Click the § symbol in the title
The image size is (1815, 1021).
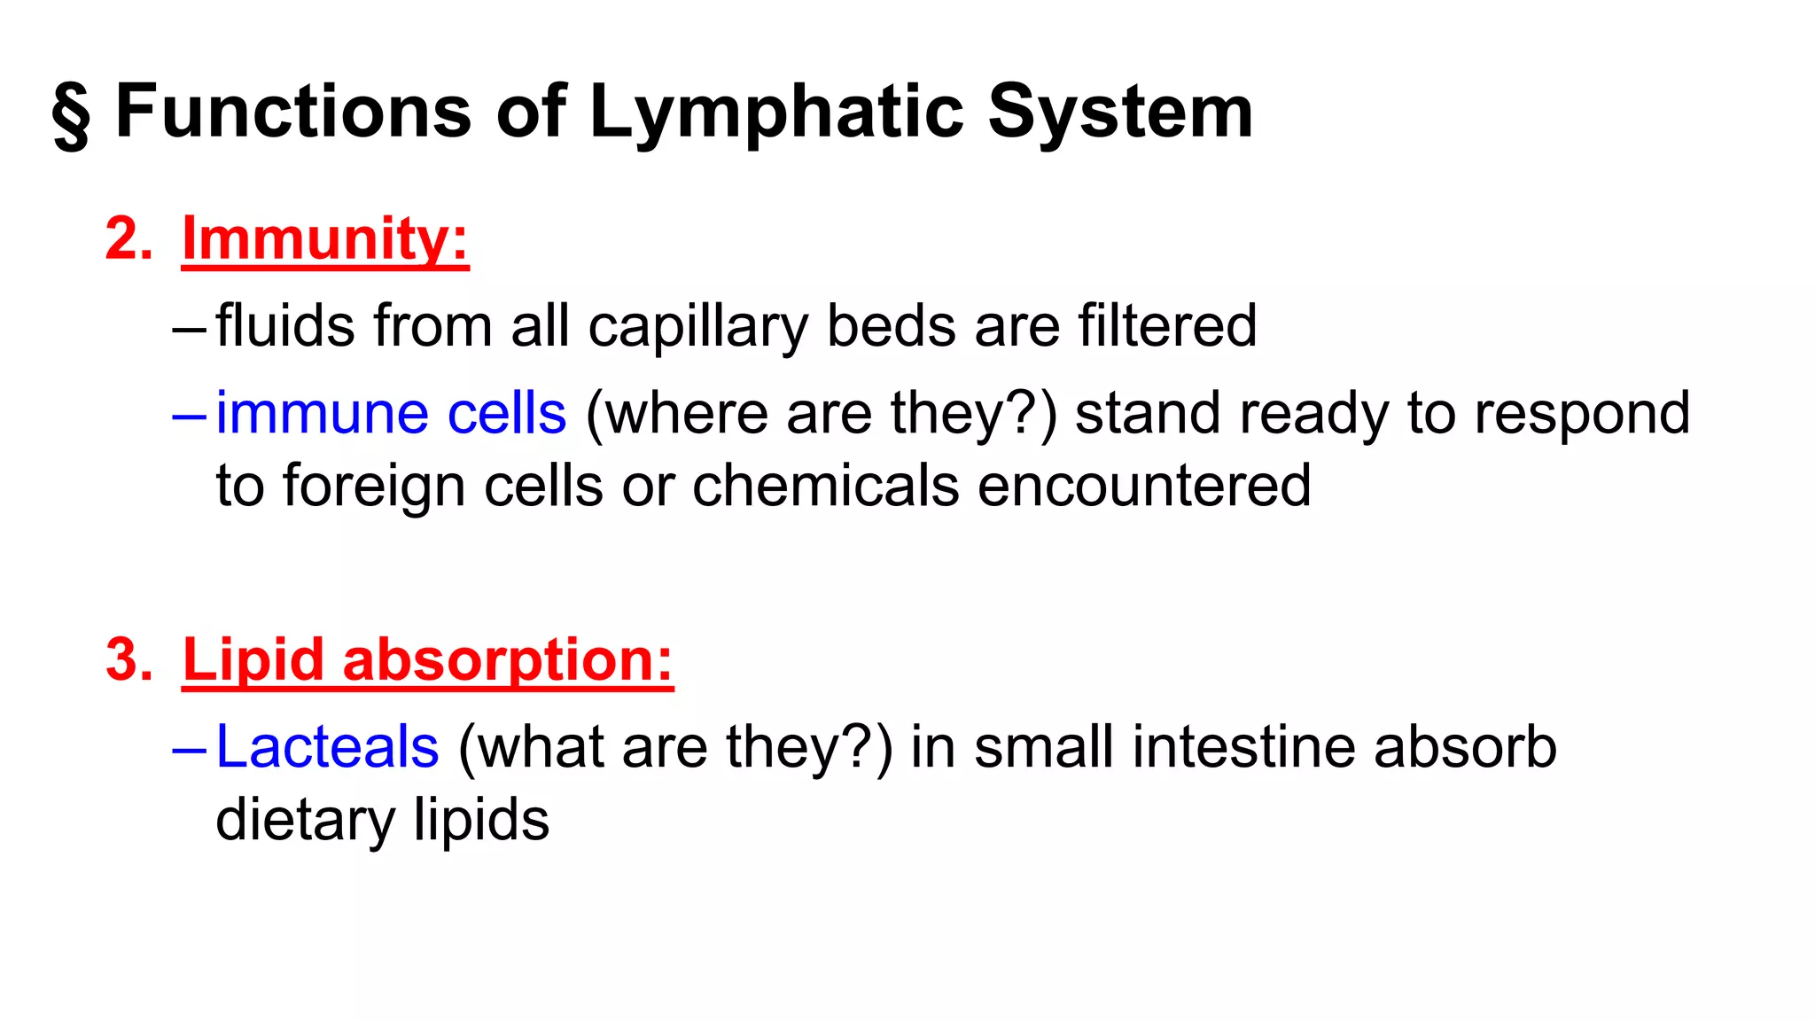tap(71, 114)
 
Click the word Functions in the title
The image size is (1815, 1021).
tap(293, 112)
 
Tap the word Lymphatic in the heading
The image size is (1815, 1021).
tap(776, 113)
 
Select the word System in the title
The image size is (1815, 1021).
tap(1120, 113)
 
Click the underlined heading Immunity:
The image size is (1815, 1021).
tap(325, 238)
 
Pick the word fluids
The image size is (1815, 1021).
tap(285, 325)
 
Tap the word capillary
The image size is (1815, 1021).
tap(697, 327)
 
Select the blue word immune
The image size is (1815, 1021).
tap(322, 414)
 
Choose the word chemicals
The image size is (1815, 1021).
tap(825, 486)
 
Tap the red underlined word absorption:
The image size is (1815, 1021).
tap(508, 660)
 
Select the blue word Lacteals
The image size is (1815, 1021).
tap(327, 746)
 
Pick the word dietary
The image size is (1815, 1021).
tap(305, 819)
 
